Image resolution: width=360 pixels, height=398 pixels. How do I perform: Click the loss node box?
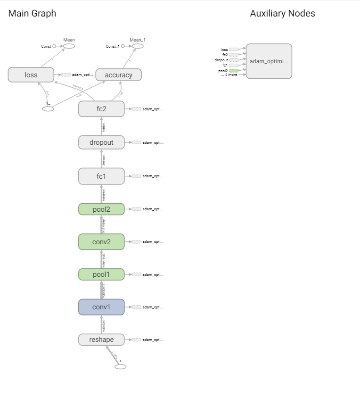click(31, 75)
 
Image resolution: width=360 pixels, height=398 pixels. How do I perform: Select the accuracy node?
click(118, 75)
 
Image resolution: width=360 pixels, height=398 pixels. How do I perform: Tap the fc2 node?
click(101, 109)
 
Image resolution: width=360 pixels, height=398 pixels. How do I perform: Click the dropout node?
click(101, 142)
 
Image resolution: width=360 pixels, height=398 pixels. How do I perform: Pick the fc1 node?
click(101, 176)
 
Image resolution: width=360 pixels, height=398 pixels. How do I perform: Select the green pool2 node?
click(101, 209)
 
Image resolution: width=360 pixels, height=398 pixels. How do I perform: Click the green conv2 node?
click(101, 242)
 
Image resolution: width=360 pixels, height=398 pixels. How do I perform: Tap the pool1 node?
click(101, 274)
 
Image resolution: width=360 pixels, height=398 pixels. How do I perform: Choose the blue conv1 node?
click(101, 307)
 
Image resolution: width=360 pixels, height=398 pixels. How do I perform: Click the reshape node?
click(101, 340)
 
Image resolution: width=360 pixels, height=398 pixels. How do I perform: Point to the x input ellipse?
click(121, 366)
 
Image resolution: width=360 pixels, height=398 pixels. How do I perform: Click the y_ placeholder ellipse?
click(48, 109)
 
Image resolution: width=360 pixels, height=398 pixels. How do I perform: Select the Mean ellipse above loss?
click(69, 46)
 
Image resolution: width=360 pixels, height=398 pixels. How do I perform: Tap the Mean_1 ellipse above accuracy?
click(138, 46)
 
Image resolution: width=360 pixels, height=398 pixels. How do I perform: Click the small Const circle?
click(54, 46)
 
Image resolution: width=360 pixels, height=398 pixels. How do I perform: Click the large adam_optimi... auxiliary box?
click(269, 61)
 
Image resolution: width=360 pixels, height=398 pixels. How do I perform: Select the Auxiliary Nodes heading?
click(282, 13)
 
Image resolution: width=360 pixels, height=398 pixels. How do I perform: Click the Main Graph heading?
click(32, 13)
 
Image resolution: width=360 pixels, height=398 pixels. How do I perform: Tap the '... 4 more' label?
click(229, 75)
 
